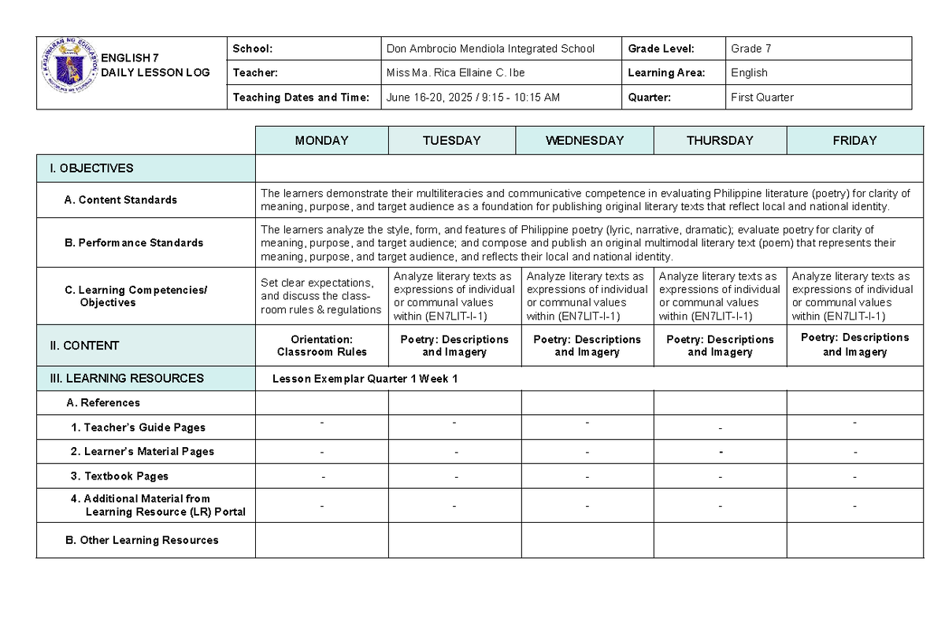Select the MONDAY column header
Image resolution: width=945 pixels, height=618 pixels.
pyautogui.click(x=321, y=141)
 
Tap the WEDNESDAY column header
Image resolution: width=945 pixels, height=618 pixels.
pyautogui.click(x=584, y=141)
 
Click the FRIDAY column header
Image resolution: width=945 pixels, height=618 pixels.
pyautogui.click(x=854, y=141)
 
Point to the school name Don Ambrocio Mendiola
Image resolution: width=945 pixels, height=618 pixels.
pyautogui.click(x=491, y=49)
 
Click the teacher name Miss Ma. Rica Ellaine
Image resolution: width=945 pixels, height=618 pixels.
pyautogui.click(x=455, y=73)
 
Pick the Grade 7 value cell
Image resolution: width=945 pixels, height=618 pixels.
pyautogui.click(x=750, y=49)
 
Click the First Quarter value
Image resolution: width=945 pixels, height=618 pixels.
pyautogui.click(x=762, y=98)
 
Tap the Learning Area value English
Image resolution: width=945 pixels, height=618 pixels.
pyautogui.click(x=749, y=73)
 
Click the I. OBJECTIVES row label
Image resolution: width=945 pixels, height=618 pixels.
pyautogui.click(x=91, y=168)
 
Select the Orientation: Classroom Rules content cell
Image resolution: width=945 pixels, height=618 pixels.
pyautogui.click(x=321, y=346)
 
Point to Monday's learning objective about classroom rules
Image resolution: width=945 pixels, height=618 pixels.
pyautogui.click(x=321, y=296)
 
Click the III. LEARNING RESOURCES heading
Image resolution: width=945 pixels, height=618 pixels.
pyautogui.click(x=126, y=379)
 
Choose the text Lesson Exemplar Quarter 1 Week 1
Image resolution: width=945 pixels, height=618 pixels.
pyautogui.click(x=365, y=379)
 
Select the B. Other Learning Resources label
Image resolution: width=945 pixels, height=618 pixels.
pyautogui.click(x=142, y=540)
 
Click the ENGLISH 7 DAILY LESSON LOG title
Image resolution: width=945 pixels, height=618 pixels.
pyautogui.click(x=155, y=66)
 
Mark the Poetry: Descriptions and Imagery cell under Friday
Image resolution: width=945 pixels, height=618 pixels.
pyautogui.click(x=854, y=345)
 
